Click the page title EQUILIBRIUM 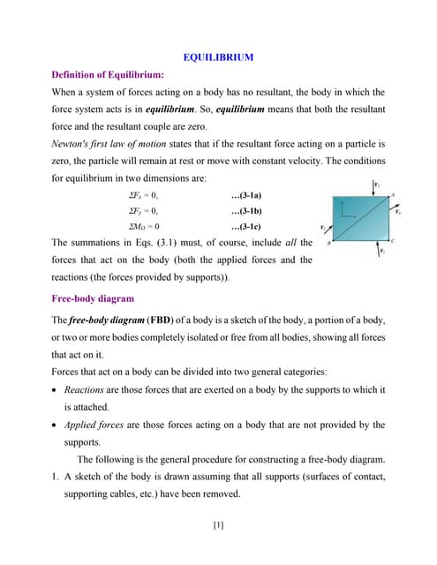point(218,57)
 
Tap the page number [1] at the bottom point(218,525)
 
